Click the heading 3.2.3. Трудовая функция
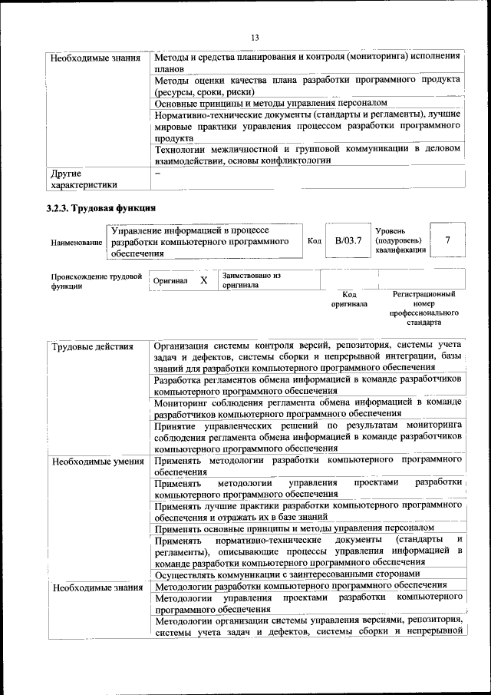tap(100, 208)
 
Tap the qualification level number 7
tap(447, 240)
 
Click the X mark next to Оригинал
tap(204, 280)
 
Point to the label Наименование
tap(77, 242)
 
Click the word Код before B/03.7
tap(314, 241)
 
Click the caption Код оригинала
tap(348, 299)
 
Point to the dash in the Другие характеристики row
tap(157, 174)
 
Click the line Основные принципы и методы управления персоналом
tap(270, 102)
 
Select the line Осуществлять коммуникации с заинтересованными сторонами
tap(287, 574)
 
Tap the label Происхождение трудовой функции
tap(97, 280)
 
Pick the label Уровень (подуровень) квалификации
tap(400, 240)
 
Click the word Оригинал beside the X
tap(170, 281)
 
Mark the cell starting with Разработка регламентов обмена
tap(307, 385)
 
